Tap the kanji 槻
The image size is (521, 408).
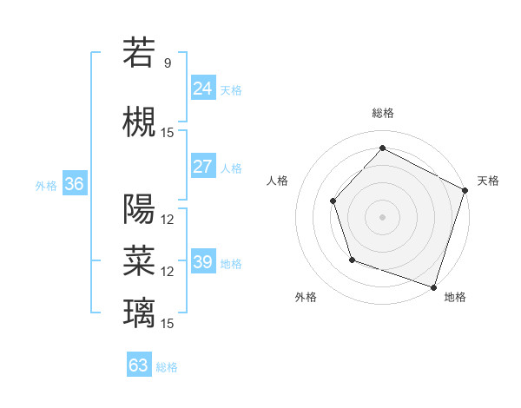[139, 121]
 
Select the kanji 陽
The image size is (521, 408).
[139, 207]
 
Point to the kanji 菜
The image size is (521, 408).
[139, 260]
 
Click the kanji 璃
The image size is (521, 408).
[139, 312]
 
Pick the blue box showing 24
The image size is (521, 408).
[203, 89]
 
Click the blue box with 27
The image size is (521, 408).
[203, 167]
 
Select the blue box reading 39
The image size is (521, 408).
[203, 262]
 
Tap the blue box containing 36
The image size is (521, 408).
[74, 184]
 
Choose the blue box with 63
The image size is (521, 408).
[139, 365]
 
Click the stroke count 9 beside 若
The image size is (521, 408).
[168, 63]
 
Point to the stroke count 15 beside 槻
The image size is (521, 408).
[168, 132]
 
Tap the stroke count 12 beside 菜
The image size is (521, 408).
[168, 271]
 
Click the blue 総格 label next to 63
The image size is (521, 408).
[167, 367]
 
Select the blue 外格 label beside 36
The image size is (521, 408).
[46, 185]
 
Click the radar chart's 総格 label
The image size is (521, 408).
[382, 113]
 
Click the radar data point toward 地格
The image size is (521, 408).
[433, 286]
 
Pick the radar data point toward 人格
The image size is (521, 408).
[333, 201]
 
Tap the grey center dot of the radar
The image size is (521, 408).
[382, 216]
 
